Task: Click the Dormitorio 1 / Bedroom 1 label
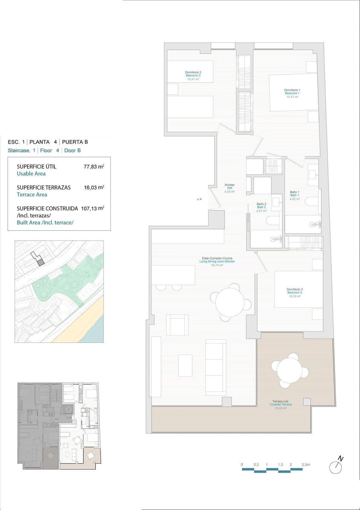tap(292, 93)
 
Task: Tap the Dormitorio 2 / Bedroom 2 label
tap(193, 75)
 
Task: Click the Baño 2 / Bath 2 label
tap(261, 207)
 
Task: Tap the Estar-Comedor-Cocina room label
tap(217, 261)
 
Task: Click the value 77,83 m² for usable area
tap(94, 167)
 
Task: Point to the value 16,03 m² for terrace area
tap(94, 187)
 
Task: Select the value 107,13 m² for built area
tap(92, 208)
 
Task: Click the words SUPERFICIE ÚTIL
tap(36, 167)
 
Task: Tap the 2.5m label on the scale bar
tap(306, 465)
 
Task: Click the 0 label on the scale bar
tap(241, 465)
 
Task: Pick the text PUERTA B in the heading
tap(75, 142)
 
